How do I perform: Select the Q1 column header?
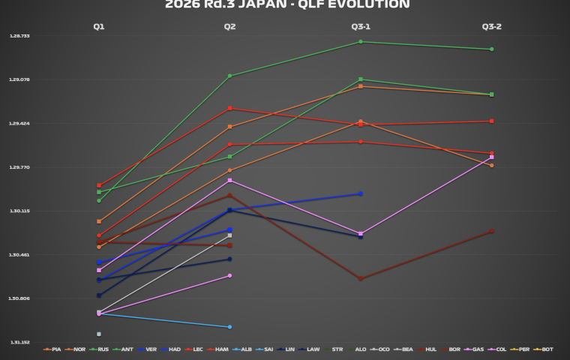99,27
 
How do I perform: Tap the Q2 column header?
229,27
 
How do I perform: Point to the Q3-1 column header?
361,27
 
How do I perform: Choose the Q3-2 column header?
491,27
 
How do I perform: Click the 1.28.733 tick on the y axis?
19,36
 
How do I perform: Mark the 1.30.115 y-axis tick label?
19,211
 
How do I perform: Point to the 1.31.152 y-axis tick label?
19,343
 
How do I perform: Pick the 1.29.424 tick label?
19,124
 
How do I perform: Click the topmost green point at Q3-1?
361,42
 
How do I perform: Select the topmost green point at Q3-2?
491,49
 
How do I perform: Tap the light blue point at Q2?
229,327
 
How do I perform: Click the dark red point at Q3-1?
361,279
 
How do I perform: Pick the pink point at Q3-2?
491,157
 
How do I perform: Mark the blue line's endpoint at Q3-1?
361,194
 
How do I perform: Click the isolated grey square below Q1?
99,334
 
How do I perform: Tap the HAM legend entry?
220,349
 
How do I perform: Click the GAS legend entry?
475,349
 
